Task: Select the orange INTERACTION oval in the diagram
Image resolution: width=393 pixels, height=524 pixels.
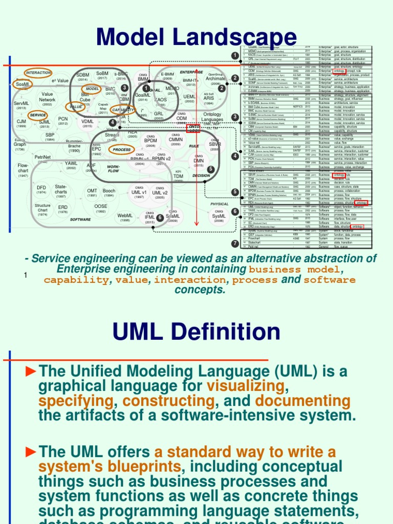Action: (38, 73)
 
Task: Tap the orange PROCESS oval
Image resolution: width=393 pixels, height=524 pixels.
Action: (121, 149)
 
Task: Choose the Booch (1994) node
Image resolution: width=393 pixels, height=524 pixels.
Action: (108, 193)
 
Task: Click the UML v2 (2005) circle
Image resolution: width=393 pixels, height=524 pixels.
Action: (160, 194)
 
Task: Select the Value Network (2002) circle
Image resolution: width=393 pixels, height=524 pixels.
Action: (48, 99)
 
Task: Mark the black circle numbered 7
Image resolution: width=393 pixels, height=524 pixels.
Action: (235, 244)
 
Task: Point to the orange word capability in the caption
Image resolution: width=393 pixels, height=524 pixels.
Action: (76, 280)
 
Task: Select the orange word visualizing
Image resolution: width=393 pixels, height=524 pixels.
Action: (245, 385)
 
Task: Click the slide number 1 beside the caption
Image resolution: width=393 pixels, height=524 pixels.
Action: (25, 276)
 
